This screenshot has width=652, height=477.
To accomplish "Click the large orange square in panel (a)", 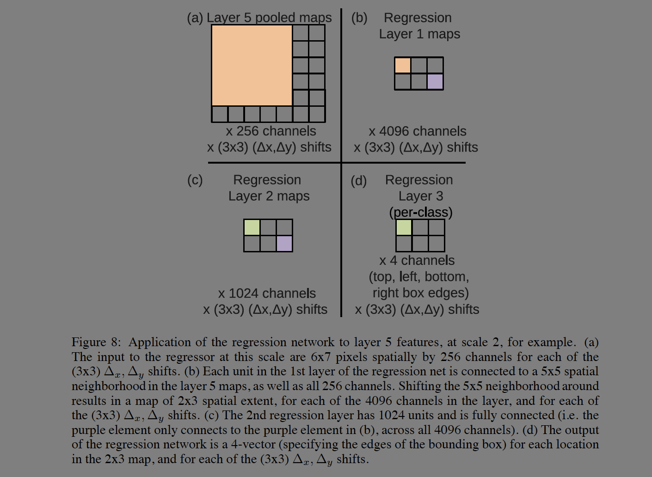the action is pos(252,65).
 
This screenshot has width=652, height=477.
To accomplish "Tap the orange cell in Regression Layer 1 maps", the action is pos(402,65).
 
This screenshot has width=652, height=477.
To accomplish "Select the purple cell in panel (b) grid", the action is pos(435,81).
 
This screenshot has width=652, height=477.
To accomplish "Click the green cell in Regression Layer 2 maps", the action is pos(252,227).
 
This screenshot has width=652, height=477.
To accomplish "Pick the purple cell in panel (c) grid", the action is pos(284,244).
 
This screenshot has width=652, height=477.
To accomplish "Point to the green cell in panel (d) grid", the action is pos(404,227).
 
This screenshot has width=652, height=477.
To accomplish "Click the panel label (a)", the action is pos(195,18).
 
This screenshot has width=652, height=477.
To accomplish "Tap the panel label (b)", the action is pos(359,18).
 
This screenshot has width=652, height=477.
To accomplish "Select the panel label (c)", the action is pos(195,180).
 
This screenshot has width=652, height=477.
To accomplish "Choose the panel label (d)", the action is pos(358,181).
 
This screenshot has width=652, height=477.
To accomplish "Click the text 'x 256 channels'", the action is pos(271,131).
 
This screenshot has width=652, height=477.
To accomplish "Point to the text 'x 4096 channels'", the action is pos(417,131).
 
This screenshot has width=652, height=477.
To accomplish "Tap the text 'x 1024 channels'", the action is pos(267,294).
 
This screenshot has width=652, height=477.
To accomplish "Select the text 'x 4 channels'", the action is pos(417,261).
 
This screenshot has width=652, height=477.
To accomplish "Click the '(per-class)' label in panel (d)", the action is pos(421,212).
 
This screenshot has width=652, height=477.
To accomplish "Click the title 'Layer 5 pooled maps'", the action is pos(269,18).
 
